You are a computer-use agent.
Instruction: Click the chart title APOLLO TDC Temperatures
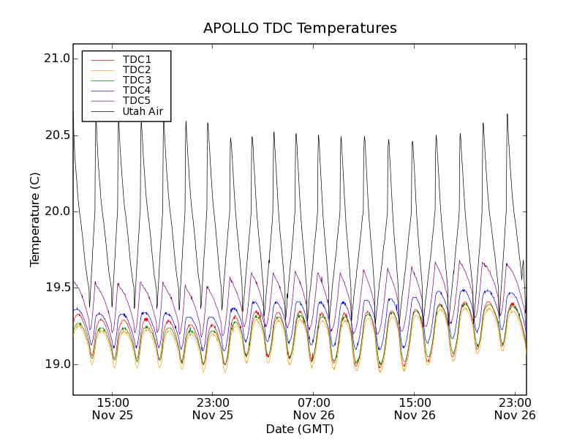300,29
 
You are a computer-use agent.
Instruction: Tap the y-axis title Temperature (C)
35,219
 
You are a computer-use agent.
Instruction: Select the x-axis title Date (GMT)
300,429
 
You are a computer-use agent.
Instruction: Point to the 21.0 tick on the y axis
56,59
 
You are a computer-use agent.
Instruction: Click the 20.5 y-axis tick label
56,135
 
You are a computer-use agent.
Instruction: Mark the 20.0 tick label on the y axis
56,211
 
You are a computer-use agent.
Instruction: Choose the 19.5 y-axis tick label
56,288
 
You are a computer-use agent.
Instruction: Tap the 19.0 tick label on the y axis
56,364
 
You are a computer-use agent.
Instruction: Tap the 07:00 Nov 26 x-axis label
314,408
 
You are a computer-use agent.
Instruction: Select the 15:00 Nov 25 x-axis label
113,408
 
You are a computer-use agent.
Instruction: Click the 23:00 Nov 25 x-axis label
213,408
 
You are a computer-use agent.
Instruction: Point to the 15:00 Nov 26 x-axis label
415,408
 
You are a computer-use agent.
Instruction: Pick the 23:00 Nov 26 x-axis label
515,408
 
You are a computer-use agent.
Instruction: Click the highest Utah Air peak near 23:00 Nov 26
507,114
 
